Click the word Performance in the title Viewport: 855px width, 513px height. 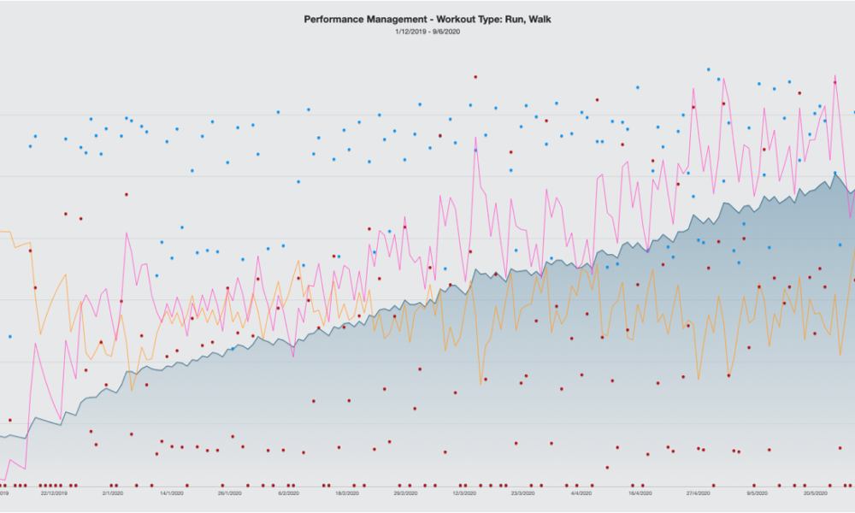coord(333,18)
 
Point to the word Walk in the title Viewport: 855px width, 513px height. coord(538,18)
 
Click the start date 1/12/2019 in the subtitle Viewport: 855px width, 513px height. coord(410,32)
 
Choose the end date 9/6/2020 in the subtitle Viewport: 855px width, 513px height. coord(447,32)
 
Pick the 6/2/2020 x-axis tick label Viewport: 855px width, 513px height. coord(288,493)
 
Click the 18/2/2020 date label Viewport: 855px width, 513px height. coord(346,493)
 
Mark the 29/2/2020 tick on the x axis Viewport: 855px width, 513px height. coord(405,493)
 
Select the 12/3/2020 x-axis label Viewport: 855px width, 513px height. coord(464,493)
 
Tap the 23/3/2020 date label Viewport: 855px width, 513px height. coord(522,493)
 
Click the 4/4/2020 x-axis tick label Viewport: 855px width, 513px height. coord(581,493)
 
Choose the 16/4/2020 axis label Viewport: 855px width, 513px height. coord(640,493)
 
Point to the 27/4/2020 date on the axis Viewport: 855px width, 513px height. coord(699,493)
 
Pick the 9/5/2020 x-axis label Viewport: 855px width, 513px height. coord(757,493)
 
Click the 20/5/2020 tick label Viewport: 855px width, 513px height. coord(816,493)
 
